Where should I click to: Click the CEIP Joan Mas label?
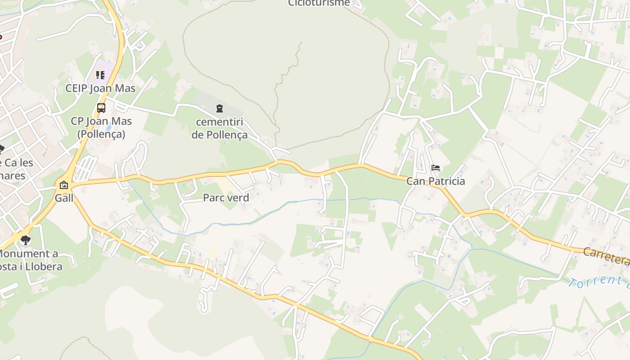click(100, 88)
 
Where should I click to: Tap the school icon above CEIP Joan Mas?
click(100, 75)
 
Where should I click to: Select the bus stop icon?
click(101, 108)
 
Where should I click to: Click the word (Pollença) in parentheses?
click(101, 134)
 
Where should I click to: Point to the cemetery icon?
click(219, 108)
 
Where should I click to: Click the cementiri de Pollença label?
click(220, 128)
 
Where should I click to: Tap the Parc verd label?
click(226, 198)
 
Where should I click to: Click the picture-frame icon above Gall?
click(64, 185)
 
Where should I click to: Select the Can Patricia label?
click(436, 181)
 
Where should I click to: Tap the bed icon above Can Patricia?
click(436, 168)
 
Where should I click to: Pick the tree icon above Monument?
click(26, 240)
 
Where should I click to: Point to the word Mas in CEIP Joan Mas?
click(125, 88)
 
